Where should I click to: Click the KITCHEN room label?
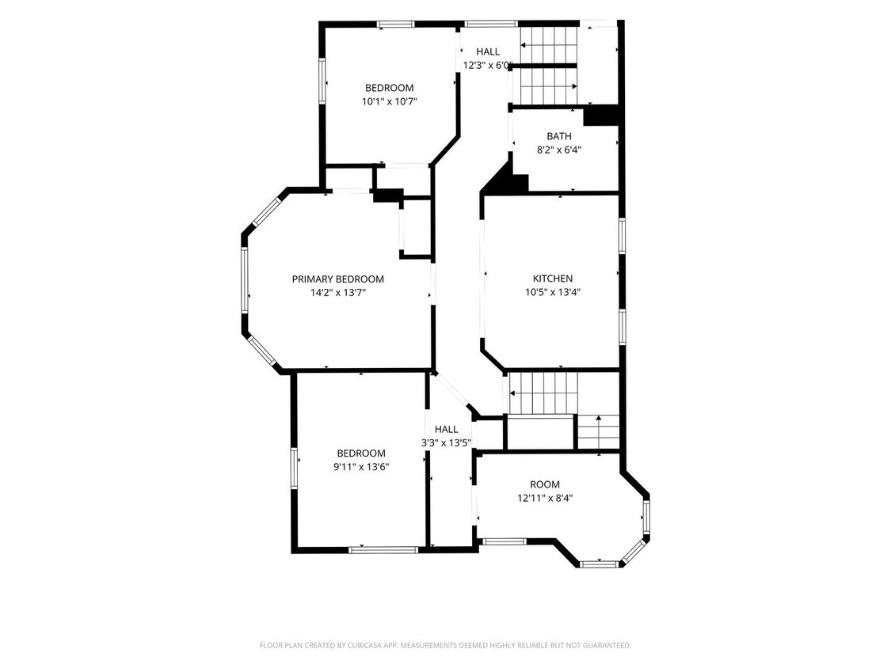coord(552,279)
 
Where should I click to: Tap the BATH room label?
coord(559,136)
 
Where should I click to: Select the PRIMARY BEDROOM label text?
coord(337,279)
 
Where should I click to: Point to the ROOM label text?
coord(544,484)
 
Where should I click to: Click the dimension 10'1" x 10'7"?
coord(389,101)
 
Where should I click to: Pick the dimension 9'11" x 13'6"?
coord(361,467)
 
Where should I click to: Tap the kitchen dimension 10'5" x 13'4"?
coord(552,293)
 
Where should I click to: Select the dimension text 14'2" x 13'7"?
coord(337,293)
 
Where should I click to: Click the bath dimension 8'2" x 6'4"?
coord(559,150)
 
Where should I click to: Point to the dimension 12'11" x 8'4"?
coord(544,499)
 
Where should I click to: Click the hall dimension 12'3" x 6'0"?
coord(488,66)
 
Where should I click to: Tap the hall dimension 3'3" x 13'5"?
coord(446,443)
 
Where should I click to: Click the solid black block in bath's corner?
coord(600,116)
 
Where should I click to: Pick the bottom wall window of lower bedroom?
coord(383,550)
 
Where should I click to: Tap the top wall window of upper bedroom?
coord(395,24)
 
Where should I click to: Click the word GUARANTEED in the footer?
coord(607,645)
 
